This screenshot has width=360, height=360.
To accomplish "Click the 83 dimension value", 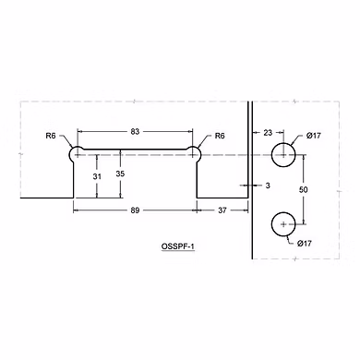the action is click(x=135, y=132).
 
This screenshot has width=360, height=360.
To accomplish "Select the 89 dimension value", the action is click(x=135, y=210).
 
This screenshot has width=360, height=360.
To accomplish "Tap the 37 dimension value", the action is click(x=222, y=210).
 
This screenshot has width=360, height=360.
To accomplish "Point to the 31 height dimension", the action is click(x=97, y=176).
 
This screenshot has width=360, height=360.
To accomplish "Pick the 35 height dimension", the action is click(x=120, y=174).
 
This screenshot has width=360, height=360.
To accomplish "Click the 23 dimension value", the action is click(x=268, y=133).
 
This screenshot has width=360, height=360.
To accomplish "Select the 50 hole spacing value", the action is click(x=304, y=189).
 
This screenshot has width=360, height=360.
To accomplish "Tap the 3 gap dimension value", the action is click(x=268, y=186).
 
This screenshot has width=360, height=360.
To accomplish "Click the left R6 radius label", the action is click(x=51, y=136).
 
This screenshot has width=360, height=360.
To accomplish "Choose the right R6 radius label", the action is click(x=220, y=136).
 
